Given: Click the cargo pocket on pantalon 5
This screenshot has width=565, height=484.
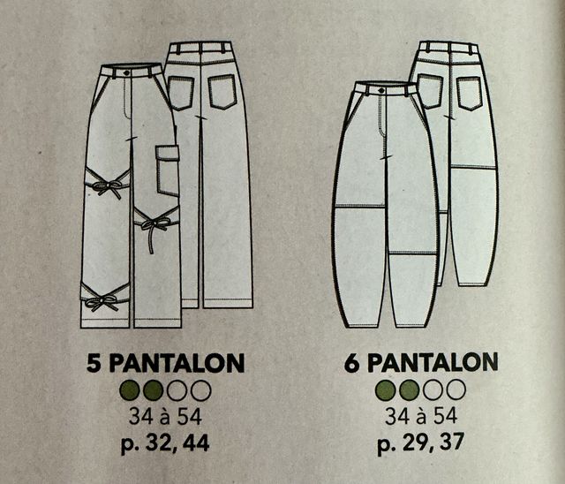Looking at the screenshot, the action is pyautogui.click(x=168, y=170).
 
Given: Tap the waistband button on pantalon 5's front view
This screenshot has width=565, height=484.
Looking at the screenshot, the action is pyautogui.click(x=126, y=72).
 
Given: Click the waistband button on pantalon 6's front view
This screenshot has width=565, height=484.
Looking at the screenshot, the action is pyautogui.click(x=381, y=90).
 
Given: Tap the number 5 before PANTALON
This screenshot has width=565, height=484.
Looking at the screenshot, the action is pyautogui.click(x=94, y=363).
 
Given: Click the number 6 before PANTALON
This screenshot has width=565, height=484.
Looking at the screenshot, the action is pyautogui.click(x=351, y=363).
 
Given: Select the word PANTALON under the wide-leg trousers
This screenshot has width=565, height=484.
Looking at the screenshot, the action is pyautogui.click(x=177, y=363).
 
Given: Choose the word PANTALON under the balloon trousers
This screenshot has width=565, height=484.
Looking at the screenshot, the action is pyautogui.click(x=433, y=362).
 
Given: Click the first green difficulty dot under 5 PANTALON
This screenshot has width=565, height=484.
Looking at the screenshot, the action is pyautogui.click(x=130, y=390).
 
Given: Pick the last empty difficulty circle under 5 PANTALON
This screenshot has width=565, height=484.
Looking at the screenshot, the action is pyautogui.click(x=200, y=390).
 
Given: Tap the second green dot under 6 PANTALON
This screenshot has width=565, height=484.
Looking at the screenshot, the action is pyautogui.click(x=410, y=390).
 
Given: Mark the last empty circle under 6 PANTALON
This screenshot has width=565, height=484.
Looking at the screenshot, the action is pyautogui.click(x=456, y=389).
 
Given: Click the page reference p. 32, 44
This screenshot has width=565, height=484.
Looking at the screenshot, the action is pyautogui.click(x=165, y=443).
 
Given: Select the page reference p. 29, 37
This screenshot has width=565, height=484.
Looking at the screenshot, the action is pyautogui.click(x=421, y=442).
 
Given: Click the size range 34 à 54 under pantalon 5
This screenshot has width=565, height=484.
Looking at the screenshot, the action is pyautogui.click(x=165, y=417).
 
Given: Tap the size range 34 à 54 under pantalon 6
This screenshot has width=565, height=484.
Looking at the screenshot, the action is pyautogui.click(x=421, y=416).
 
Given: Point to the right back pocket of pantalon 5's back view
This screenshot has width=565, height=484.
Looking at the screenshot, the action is pyautogui.click(x=222, y=92).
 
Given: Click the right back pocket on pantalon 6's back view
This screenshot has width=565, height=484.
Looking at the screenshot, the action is pyautogui.click(x=469, y=94).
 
